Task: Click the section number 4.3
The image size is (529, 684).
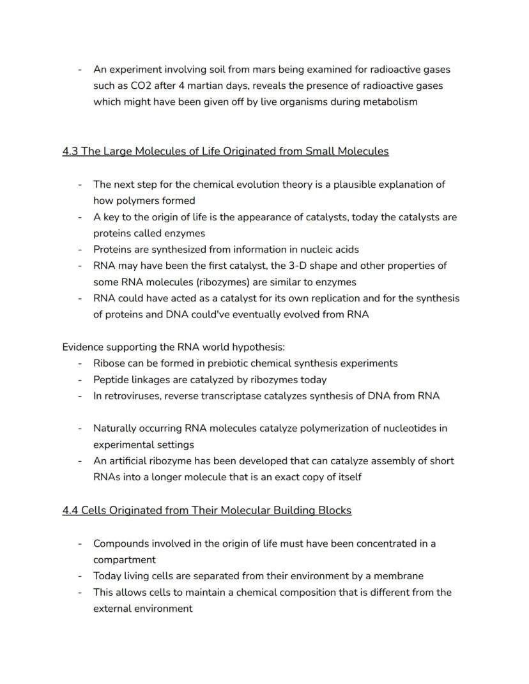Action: (x=70, y=151)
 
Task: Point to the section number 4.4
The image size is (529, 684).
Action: (x=70, y=510)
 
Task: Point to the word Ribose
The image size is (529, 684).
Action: (x=110, y=363)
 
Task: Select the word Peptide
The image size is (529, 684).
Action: (x=112, y=379)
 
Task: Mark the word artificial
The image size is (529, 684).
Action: (x=133, y=460)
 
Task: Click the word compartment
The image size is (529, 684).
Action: (x=125, y=560)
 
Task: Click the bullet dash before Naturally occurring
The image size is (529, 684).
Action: (x=80, y=429)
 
